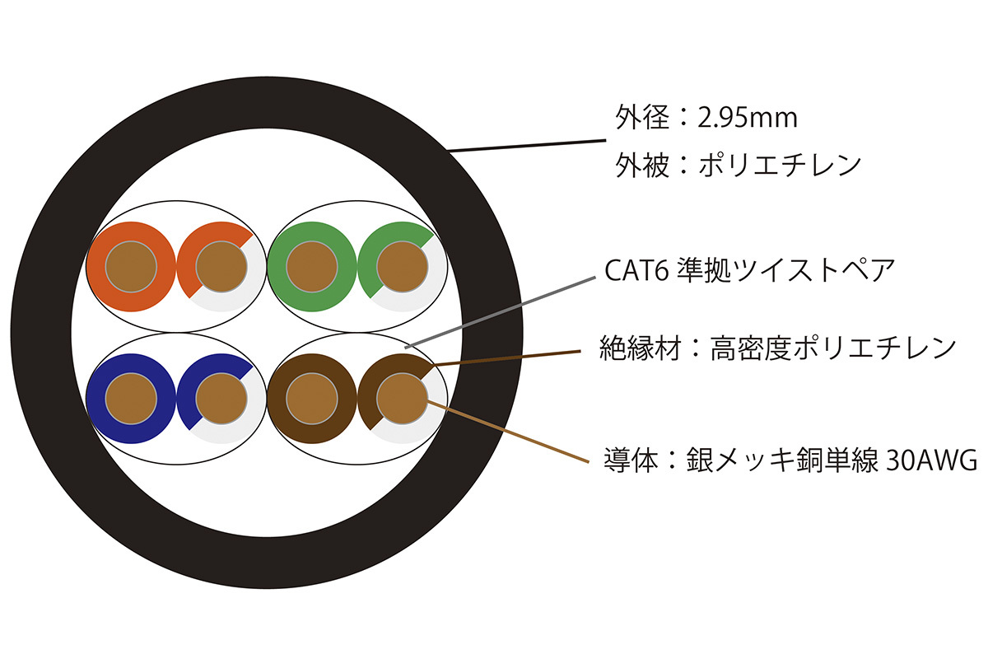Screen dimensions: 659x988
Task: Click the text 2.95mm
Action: click(748, 119)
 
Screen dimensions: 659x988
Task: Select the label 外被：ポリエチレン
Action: click(738, 165)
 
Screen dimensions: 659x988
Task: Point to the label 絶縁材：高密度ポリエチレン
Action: click(778, 348)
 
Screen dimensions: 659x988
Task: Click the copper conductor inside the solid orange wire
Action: click(131, 267)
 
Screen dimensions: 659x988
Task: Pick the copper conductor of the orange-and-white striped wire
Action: click(221, 267)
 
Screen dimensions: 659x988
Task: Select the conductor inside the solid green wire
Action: click(312, 267)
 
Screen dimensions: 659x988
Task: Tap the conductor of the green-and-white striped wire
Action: click(403, 267)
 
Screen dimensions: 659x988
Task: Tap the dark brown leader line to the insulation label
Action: click(510, 358)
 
